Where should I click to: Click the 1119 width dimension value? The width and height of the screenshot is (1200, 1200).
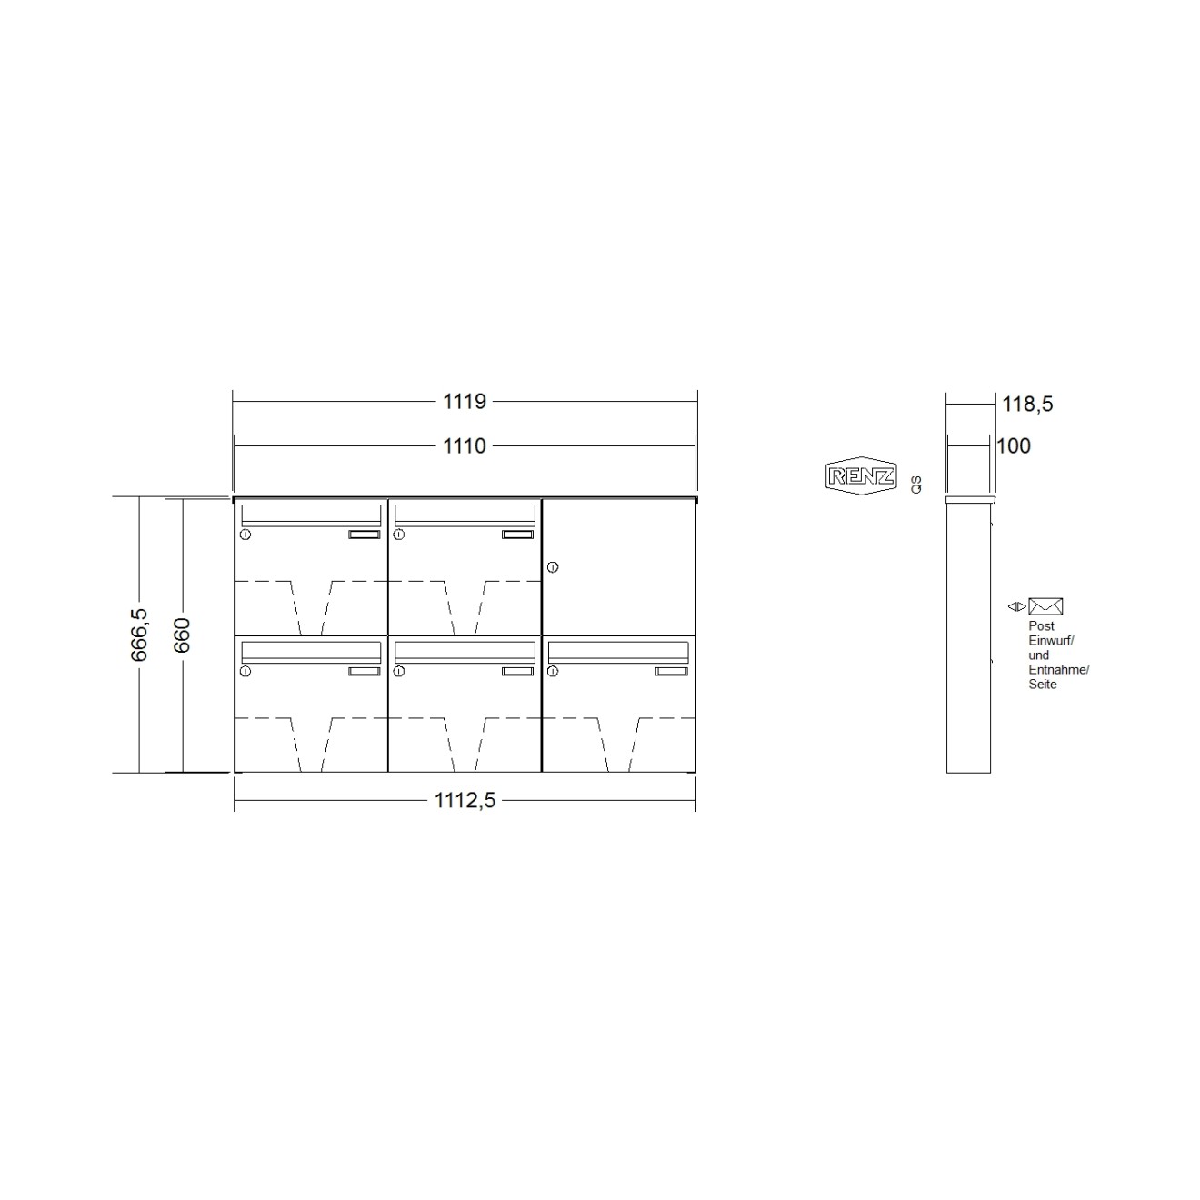pos(465,401)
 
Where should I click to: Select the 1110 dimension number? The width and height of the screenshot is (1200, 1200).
pos(465,445)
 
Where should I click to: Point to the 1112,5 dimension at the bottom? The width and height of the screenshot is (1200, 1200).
pos(465,800)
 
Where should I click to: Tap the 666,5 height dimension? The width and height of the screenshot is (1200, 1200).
pos(139,635)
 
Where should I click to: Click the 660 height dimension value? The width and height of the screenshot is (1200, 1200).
pos(182,635)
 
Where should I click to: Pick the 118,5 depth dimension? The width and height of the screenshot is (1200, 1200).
pos(1026,404)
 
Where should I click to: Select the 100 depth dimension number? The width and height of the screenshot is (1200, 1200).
pos(1014,445)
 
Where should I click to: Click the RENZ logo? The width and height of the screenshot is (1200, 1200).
pos(860,475)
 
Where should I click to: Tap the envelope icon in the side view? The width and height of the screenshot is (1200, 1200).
pos(1045,606)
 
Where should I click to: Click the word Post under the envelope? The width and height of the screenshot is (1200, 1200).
pos(1041,626)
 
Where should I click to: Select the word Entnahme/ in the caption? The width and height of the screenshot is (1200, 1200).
pos(1058,670)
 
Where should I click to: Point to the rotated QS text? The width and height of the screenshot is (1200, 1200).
pos(915,484)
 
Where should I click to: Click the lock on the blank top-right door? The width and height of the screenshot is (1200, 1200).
pos(553,568)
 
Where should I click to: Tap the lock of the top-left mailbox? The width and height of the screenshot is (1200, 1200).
pos(245,535)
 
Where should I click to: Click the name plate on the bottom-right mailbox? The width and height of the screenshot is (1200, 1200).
pos(672,671)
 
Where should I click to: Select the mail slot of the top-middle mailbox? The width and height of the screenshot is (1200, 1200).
pos(465,514)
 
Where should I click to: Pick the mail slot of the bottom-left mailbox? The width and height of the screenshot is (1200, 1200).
pos(311,650)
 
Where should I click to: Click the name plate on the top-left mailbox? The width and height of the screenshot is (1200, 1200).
pos(364,535)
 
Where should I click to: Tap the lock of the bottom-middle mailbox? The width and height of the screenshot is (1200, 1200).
pos(398,671)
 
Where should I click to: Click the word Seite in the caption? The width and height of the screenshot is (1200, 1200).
pos(1043,685)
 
